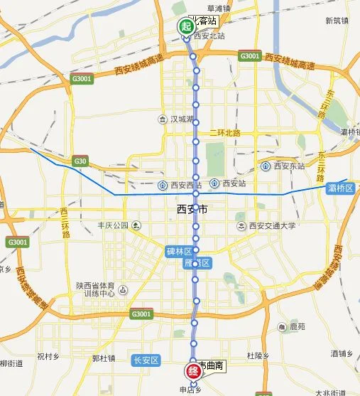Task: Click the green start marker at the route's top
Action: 185,27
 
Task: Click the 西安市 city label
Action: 191,210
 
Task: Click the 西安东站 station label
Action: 283,166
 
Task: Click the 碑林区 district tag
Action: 178,252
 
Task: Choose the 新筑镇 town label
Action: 337,21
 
